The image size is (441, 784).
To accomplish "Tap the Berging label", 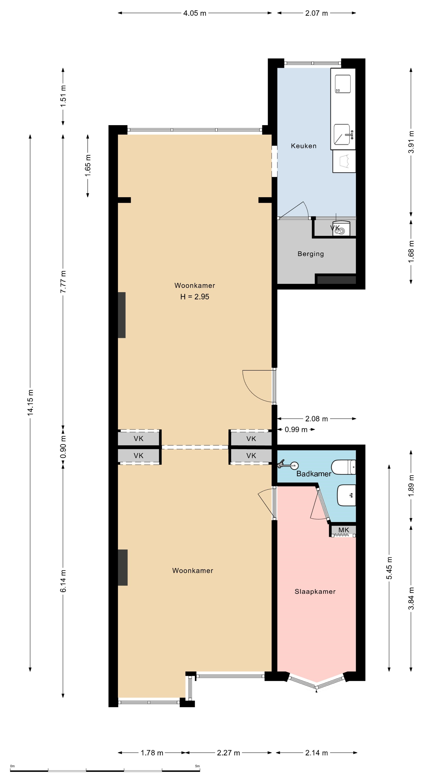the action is coord(310,254).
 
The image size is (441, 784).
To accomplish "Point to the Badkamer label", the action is coord(314,474).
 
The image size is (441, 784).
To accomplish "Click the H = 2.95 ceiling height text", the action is coord(195,297).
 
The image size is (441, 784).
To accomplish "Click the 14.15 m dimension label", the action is coord(30,402).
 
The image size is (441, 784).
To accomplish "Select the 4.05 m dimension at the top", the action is coord(195,13).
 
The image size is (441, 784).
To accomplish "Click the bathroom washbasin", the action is coord(346,495).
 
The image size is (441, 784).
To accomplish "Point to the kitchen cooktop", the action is coord(343,84).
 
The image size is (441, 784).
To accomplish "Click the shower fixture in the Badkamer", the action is coord(288,465).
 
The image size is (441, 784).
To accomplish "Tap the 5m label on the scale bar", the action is coord(197,766).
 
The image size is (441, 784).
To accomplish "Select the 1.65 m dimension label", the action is coord(88,166).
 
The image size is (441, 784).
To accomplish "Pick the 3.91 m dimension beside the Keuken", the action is coord(411,142).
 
